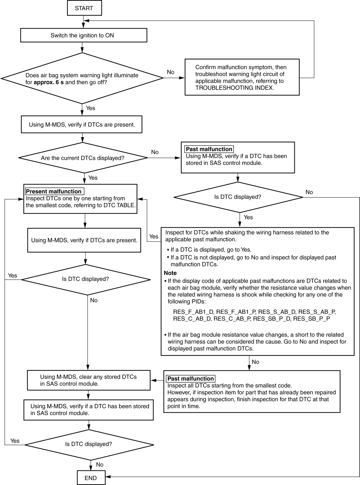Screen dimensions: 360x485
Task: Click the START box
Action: pyautogui.click(x=84, y=8)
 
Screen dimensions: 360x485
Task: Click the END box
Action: pyautogui.click(x=91, y=478)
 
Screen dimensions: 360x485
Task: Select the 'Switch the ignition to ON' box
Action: pyautogui.click(x=84, y=35)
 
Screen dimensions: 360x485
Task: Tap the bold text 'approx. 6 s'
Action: pyautogui.click(x=49, y=82)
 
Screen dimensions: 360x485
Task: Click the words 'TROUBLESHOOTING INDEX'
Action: pyautogui.click(x=234, y=88)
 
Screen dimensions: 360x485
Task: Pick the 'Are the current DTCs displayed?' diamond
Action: pyautogui.click(x=83, y=158)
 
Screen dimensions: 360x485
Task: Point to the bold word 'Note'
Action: pyautogui.click(x=170, y=273)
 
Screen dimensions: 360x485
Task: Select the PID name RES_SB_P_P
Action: pyautogui.click(x=311, y=319)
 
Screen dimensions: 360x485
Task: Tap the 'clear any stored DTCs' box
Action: pyautogui.click(x=89, y=380)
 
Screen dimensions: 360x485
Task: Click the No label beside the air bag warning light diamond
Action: pyautogui.click(x=170, y=72)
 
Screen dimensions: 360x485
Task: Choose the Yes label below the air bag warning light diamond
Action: pyautogui.click(x=91, y=108)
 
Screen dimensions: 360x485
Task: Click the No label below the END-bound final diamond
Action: pyautogui.click(x=100, y=465)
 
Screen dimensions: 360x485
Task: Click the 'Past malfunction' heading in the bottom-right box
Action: pyautogui.click(x=191, y=378)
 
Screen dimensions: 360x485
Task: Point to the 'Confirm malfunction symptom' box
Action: pyautogui.click(x=242, y=77)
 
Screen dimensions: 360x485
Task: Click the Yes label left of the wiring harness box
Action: pyautogui.click(x=154, y=236)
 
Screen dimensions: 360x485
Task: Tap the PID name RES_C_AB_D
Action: pyautogui.click(x=192, y=319)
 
